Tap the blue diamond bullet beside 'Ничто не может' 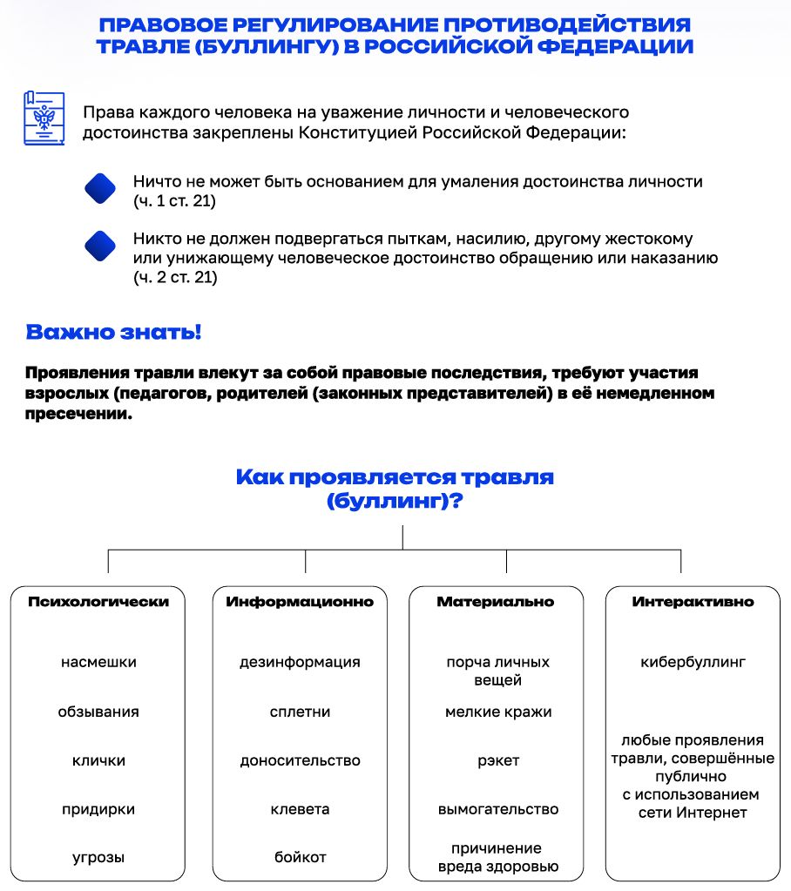[x=100, y=189]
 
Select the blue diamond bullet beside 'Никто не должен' [x=100, y=246]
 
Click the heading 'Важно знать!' [x=113, y=333]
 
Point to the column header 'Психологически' [x=98, y=602]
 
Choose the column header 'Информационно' [x=300, y=602]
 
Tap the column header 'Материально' [x=495, y=602]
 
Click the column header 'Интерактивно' [x=693, y=602]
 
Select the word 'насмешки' [x=98, y=662]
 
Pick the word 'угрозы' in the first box [x=98, y=858]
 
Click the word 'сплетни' [x=300, y=712]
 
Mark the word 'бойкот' [x=300, y=858]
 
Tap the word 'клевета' [x=300, y=809]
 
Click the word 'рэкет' [x=498, y=760]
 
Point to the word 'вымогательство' [x=498, y=809]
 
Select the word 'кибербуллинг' [x=693, y=662]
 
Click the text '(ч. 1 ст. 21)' [x=174, y=201]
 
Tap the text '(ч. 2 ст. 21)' [x=175, y=278]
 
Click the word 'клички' [x=98, y=760]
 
